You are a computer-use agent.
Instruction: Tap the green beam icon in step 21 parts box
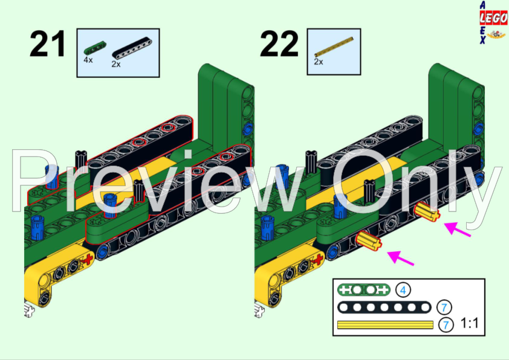pos(94,50)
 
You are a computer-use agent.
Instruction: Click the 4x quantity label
pos(88,61)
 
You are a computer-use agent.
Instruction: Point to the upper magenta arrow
pos(458,230)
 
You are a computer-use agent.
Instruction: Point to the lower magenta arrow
pos(402,258)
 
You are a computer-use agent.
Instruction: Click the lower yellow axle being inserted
pos(370,242)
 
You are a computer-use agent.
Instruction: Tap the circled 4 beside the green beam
pos(403,290)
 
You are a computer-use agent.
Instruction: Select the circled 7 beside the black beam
pos(445,307)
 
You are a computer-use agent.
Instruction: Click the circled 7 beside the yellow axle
pos(445,324)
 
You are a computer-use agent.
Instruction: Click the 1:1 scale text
pos(470,324)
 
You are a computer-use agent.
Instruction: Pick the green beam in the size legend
pos(363,290)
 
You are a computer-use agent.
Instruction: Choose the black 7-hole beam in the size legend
pos(385,307)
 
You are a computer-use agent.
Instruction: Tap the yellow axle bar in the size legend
pos(385,325)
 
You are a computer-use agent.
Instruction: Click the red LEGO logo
pos(493,20)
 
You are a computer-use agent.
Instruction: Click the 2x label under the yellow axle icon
pos(319,62)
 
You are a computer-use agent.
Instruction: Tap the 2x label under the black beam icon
pos(116,64)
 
